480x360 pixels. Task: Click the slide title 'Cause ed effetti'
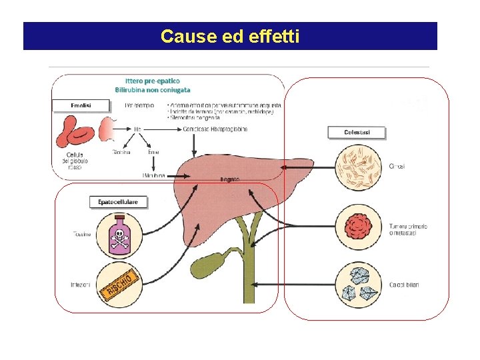tap(230, 36)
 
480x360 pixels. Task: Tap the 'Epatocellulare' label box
tap(118, 201)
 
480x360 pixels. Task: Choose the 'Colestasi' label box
tap(357, 133)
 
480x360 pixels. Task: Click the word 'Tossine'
tap(82, 233)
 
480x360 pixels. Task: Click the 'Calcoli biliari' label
tap(404, 285)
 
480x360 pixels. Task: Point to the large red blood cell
tap(75, 131)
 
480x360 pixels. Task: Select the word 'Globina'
tap(121, 152)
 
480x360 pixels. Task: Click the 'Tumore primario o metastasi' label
tap(407, 229)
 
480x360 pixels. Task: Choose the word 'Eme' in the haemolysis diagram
tap(153, 152)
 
